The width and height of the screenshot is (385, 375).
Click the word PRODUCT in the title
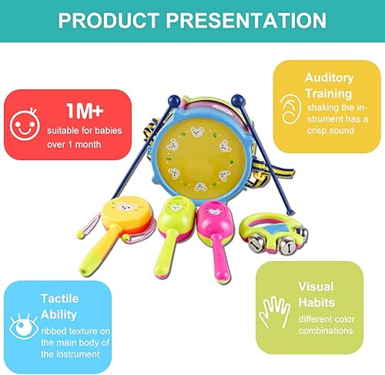click(x=107, y=21)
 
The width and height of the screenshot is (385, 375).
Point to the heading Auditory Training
click(x=329, y=85)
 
